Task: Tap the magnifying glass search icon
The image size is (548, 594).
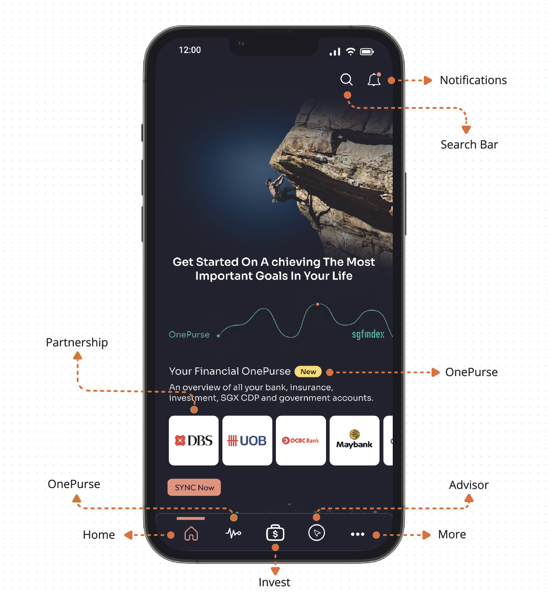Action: click(x=346, y=80)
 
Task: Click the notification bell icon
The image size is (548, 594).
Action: click(x=374, y=79)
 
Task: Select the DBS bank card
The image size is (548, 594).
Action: click(x=194, y=440)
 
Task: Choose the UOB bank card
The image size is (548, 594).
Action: click(x=247, y=440)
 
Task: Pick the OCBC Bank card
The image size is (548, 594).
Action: click(x=300, y=440)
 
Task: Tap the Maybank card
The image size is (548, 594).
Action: click(x=354, y=440)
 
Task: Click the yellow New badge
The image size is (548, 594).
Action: click(x=308, y=371)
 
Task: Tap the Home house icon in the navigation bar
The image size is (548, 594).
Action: click(x=191, y=533)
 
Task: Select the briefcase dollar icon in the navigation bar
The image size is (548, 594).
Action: click(x=275, y=533)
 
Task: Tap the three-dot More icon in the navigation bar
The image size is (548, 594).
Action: click(x=358, y=534)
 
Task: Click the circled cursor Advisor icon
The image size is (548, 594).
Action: click(x=316, y=533)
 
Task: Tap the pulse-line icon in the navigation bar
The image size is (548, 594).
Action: click(x=233, y=533)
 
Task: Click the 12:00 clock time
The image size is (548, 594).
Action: click(x=190, y=50)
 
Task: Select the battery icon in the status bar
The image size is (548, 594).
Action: click(x=367, y=52)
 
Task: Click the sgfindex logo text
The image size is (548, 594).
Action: click(x=368, y=334)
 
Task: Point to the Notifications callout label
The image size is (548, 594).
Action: click(x=473, y=80)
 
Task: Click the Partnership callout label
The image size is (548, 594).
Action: click(x=77, y=342)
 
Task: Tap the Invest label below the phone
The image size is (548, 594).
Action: click(x=274, y=582)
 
